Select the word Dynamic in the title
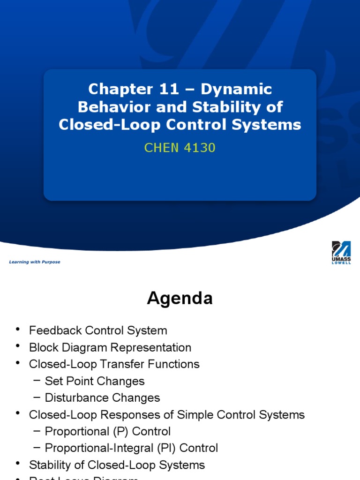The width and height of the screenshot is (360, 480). click(x=236, y=89)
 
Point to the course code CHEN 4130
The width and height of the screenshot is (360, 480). click(x=180, y=148)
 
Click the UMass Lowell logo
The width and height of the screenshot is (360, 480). click(x=341, y=252)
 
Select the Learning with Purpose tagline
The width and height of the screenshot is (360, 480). click(x=35, y=262)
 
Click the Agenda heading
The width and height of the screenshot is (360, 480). click(x=180, y=299)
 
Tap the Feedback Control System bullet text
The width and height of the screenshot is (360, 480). click(x=98, y=330)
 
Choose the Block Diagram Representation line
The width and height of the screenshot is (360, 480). click(x=110, y=347)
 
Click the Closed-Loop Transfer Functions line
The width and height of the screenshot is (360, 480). click(x=114, y=364)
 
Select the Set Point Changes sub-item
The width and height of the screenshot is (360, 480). click(x=95, y=381)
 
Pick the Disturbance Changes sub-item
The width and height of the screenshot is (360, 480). click(x=102, y=398)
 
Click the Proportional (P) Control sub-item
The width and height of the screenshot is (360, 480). click(x=108, y=431)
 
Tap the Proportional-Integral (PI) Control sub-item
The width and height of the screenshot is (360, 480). click(x=131, y=448)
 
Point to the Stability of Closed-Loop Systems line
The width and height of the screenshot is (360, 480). click(x=117, y=465)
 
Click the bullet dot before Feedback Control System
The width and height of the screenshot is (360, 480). click(x=18, y=330)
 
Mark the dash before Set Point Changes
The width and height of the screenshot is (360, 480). click(x=37, y=381)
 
